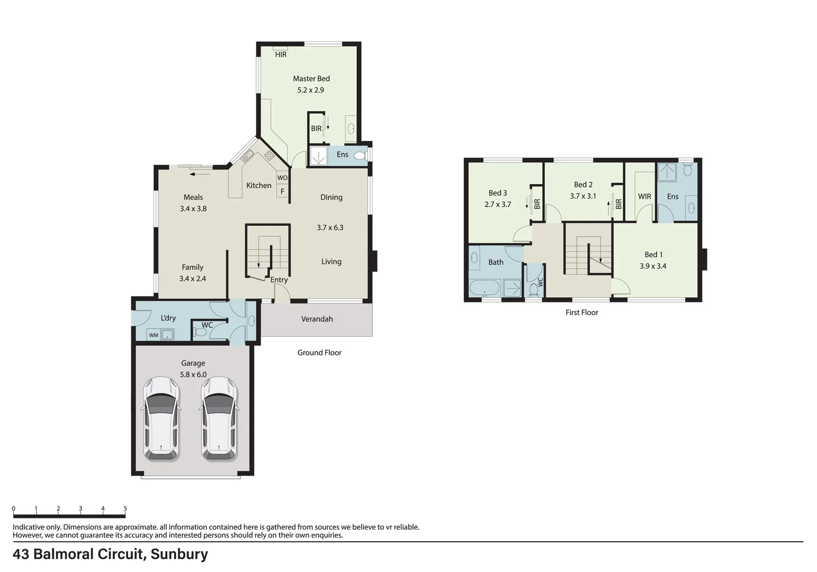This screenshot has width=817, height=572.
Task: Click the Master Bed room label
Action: click(x=311, y=79)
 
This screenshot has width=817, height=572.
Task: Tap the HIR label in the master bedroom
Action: click(x=281, y=55)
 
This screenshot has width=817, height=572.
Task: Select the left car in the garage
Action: click(x=161, y=418)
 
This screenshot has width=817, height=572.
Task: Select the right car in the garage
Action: click(x=219, y=418)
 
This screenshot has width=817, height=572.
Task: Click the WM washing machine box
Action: click(x=154, y=335)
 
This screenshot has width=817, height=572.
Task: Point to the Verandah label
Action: click(x=317, y=319)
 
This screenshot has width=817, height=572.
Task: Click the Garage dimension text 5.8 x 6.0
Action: click(x=193, y=374)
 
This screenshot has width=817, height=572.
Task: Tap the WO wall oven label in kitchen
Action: click(x=283, y=178)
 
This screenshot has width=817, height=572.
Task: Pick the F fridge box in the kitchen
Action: click(x=282, y=191)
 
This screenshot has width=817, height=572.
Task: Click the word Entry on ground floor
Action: click(x=279, y=280)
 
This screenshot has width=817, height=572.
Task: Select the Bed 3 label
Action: click(x=498, y=193)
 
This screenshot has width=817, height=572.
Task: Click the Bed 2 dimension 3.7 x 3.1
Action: click(x=583, y=196)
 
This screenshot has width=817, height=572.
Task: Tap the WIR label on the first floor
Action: click(x=644, y=196)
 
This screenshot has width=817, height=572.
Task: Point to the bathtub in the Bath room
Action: click(x=484, y=289)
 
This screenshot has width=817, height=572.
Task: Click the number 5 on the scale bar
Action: click(x=125, y=508)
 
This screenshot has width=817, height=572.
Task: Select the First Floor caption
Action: click(x=581, y=312)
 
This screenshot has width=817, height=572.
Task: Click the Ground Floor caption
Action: click(x=319, y=353)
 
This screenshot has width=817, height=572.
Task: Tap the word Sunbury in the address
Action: click(x=179, y=554)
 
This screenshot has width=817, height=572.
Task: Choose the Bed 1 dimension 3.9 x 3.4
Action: click(x=653, y=266)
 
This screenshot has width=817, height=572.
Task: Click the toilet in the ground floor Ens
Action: click(x=360, y=155)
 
